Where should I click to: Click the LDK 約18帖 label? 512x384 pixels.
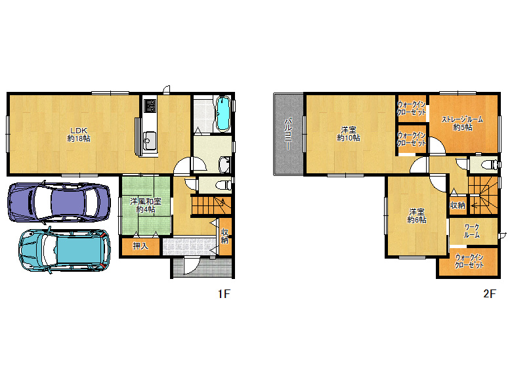tap(79, 135)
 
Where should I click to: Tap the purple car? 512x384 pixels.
tap(59, 202)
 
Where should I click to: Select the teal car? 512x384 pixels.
tap(64, 250)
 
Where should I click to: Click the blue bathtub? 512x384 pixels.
tap(224, 114)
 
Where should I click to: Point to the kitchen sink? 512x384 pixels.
tap(150, 140)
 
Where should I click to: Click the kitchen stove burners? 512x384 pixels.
tap(150, 106)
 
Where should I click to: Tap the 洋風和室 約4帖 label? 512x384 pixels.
tap(146, 205)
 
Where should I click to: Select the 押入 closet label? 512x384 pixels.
tap(140, 246)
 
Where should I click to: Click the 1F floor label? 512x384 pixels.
tap(224, 294)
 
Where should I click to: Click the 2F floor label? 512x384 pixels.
tap(490, 294)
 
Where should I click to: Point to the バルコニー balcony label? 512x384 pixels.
tap(288, 134)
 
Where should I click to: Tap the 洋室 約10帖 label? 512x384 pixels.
tap(349, 134)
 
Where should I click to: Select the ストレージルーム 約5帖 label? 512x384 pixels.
tap(462, 123)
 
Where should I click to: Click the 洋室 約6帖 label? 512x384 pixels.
tap(417, 216)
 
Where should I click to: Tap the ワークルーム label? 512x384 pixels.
tap(471, 231)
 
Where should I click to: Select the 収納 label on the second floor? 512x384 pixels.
tap(458, 205)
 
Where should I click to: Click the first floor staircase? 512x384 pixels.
tap(211, 205)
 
